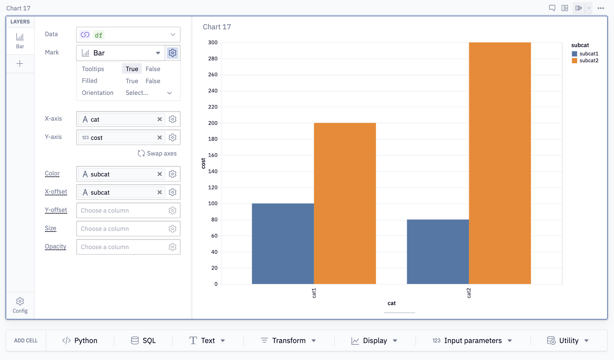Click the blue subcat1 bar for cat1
pos(283,244)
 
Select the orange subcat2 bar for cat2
pos(500,163)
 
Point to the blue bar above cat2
pos(438,252)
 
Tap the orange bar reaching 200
pos(345,203)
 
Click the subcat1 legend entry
pos(585,54)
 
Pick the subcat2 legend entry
pos(585,61)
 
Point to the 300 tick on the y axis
pos(213,42)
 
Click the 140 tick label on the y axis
pos(213,171)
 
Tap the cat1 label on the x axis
pos(314,293)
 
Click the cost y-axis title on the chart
pos(203,163)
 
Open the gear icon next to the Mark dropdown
pos(172,53)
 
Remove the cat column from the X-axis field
pos(160,119)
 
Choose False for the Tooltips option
pos(153,69)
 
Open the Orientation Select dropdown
pos(149,93)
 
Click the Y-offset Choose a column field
pos(121,211)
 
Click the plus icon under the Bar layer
pos(20,64)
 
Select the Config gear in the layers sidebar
pos(20,305)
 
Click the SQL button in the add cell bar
pos(143,340)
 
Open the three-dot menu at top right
pos(601,8)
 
